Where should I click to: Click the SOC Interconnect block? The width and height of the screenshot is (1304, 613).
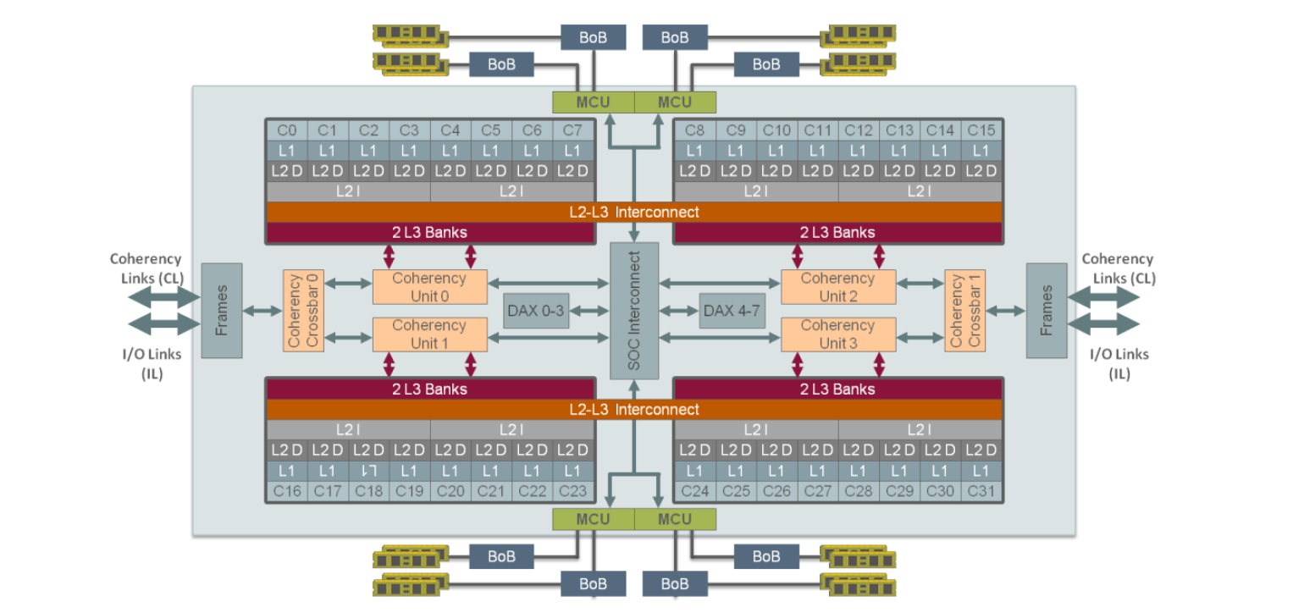pos(634,311)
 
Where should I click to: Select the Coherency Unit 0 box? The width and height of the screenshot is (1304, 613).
pos(429,287)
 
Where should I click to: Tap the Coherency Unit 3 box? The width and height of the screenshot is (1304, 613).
pos(837,334)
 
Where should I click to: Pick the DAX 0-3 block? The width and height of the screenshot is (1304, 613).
pos(536,311)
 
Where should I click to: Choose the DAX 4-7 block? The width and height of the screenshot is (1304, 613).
pos(732,311)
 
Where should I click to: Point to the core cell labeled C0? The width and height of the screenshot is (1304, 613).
pos(287,130)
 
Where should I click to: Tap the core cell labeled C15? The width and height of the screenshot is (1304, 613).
pos(981,130)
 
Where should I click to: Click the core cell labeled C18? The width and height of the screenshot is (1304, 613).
pos(368,491)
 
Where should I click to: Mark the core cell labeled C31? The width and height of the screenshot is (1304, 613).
pos(981,491)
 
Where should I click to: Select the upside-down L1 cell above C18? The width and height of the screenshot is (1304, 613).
pos(368,471)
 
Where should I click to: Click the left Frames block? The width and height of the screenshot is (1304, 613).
pos(222,311)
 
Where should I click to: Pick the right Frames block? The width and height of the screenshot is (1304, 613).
pos(1047,311)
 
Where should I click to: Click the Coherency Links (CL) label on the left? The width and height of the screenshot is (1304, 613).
pos(145,268)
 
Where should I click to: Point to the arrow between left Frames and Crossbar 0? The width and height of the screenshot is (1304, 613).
pos(262,312)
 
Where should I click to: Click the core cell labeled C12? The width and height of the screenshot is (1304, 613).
pos(859,130)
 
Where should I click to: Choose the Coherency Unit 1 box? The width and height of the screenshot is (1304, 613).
pos(429,334)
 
